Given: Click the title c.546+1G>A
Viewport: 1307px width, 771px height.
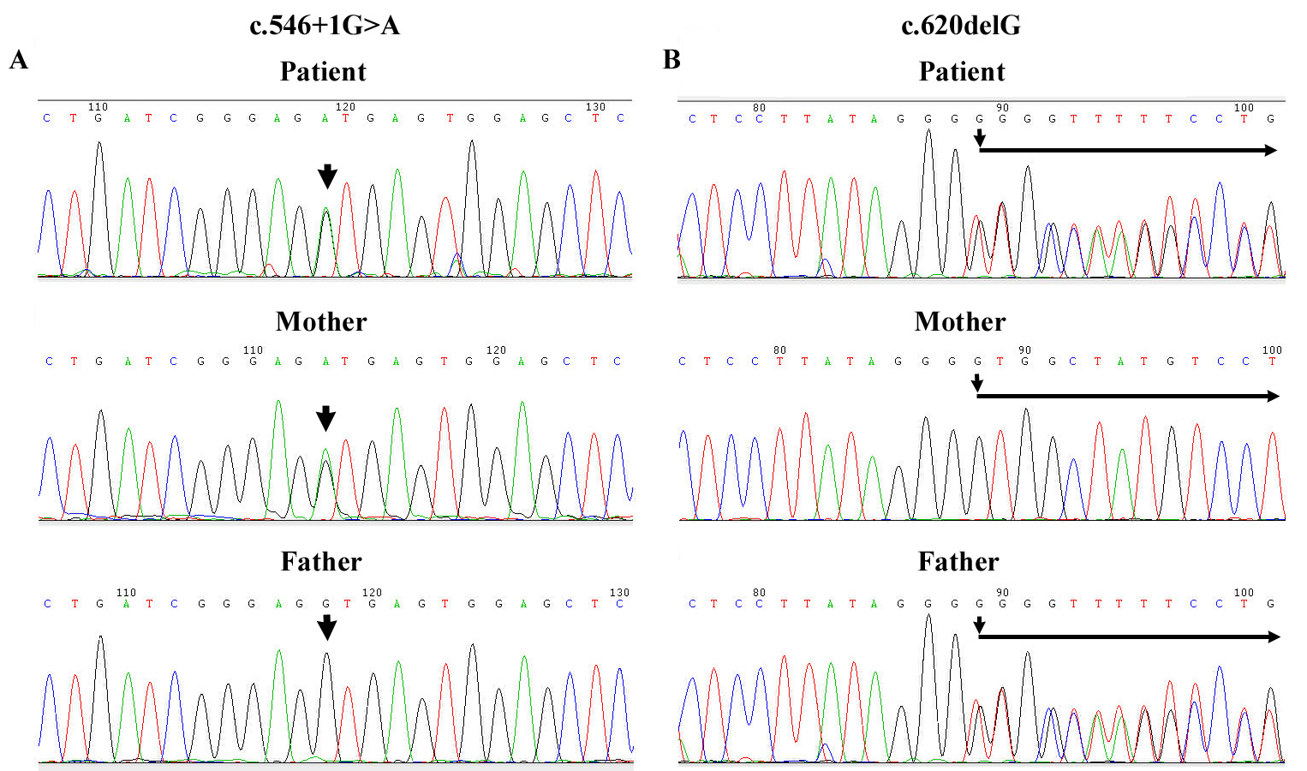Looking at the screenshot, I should point(325,26).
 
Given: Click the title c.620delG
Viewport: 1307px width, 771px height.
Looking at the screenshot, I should point(960,26).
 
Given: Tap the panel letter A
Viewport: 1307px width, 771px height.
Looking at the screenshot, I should point(19,60).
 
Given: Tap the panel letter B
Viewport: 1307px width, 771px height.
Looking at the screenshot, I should point(671,60).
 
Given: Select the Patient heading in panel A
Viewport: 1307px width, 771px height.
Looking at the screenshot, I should point(323,71).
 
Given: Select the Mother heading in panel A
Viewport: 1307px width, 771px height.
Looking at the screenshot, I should point(321,321).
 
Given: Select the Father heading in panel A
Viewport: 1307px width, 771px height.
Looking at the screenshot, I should point(321,561).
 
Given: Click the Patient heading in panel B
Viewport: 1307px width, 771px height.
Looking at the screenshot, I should point(962,71).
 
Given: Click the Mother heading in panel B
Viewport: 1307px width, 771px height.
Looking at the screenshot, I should point(960,321).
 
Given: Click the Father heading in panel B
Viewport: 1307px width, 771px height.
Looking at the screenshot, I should point(958,561).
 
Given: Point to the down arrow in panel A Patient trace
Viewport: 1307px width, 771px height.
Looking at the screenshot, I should point(327,176).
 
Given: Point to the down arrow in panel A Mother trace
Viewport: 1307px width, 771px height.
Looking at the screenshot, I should point(325,418).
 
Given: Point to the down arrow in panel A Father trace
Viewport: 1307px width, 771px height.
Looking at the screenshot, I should point(326,628).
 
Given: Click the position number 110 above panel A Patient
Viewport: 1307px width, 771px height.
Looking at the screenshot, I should point(98,107).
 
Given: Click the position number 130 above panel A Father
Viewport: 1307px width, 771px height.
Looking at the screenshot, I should point(619,593).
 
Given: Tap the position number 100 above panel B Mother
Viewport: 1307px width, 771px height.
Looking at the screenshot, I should point(1272,350).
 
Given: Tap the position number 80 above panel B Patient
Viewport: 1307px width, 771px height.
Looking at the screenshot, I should point(759,108).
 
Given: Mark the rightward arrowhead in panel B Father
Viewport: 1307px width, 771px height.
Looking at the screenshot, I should point(1273,637).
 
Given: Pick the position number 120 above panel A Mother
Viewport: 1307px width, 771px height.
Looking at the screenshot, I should point(496,350).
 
